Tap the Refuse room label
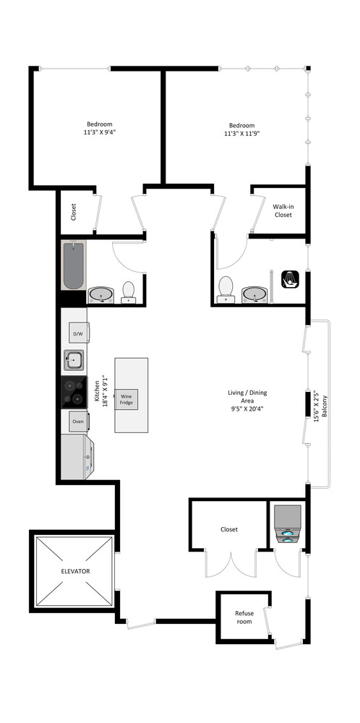(x=244, y=617)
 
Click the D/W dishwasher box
(x=77, y=333)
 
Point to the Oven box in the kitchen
(x=78, y=421)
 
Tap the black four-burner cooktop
(x=74, y=391)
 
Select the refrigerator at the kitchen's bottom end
(x=77, y=457)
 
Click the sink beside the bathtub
(x=101, y=294)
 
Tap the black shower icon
(x=290, y=279)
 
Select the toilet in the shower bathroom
(x=226, y=287)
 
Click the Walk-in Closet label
(x=283, y=210)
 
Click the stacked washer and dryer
(x=287, y=524)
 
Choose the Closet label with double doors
(x=229, y=529)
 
